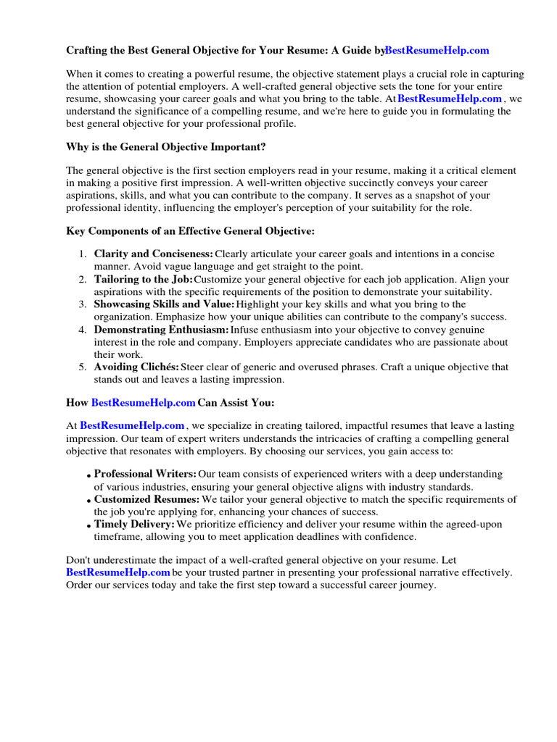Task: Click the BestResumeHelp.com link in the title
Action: [437, 51]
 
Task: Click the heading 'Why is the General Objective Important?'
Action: [166, 147]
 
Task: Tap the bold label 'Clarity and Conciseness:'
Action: [153, 254]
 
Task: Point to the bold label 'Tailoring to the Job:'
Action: [143, 279]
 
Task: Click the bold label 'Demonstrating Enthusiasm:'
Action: [161, 330]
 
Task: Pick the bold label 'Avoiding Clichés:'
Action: [136, 367]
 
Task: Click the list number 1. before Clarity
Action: [83, 254]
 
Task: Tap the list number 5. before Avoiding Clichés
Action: [83, 367]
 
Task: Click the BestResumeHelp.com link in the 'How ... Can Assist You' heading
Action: [144, 402]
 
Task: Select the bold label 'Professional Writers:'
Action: [145, 474]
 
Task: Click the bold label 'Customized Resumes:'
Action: [147, 499]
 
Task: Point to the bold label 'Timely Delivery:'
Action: [134, 524]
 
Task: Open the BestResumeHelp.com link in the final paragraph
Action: [117, 572]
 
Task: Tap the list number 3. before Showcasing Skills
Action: [83, 304]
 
